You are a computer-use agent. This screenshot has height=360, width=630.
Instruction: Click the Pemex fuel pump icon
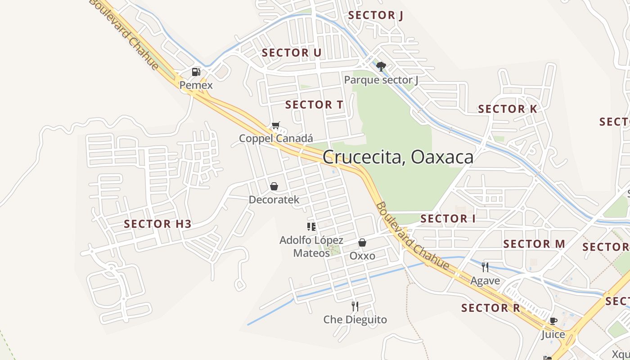click(x=196, y=72)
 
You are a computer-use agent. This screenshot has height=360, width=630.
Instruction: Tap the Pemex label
click(x=196, y=85)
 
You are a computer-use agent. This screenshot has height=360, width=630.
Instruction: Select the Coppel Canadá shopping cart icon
click(x=275, y=126)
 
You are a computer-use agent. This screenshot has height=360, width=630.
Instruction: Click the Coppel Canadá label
click(x=275, y=138)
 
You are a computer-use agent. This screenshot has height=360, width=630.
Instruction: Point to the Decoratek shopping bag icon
click(x=274, y=186)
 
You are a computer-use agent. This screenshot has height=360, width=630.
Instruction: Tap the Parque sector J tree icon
click(x=381, y=67)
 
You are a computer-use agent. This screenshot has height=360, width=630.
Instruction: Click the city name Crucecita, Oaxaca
click(x=398, y=157)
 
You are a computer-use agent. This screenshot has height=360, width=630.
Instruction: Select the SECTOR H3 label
click(x=157, y=224)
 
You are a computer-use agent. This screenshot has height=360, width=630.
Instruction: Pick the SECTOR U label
click(x=292, y=53)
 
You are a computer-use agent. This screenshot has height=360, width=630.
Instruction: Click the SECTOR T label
click(x=314, y=105)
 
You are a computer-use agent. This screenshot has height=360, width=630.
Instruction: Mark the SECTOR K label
click(x=508, y=109)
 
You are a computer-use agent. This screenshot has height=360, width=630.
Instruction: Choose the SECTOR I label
click(x=448, y=219)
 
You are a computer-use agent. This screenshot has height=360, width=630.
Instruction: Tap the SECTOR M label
click(x=534, y=244)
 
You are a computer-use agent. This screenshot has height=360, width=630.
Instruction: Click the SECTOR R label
click(x=490, y=308)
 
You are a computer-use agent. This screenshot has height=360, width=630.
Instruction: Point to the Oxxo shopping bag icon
click(x=362, y=243)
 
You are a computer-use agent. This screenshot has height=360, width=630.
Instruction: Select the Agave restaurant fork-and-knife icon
click(x=485, y=267)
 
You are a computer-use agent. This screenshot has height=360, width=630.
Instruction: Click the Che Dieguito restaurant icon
click(x=355, y=306)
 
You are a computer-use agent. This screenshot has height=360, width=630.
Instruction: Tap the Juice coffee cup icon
click(x=553, y=321)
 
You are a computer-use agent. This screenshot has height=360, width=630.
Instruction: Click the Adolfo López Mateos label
click(x=311, y=247)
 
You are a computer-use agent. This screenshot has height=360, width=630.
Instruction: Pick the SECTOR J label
click(x=375, y=15)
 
